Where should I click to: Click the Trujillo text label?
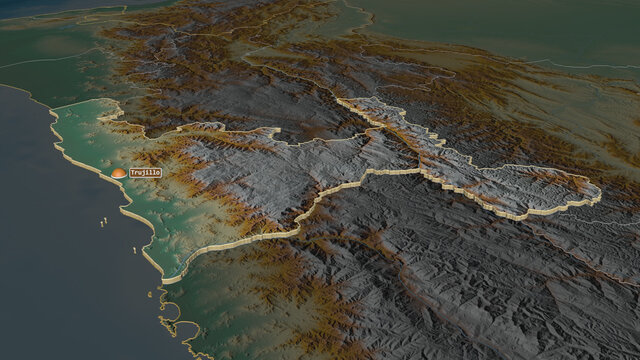(145, 173)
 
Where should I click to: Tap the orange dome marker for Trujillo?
(119, 173)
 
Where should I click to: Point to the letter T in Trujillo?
(132, 173)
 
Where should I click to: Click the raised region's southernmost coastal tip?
(171, 279)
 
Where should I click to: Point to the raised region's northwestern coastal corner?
(52, 111)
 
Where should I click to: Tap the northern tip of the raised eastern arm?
(341, 101)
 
